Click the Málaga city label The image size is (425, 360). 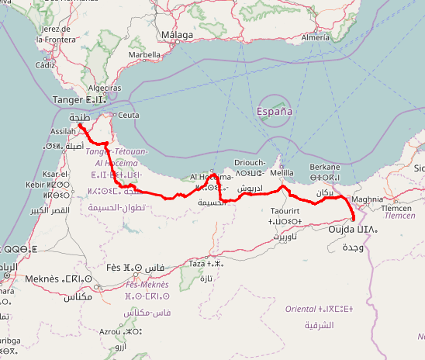click(x=178, y=36)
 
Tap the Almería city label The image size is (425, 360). click(x=315, y=36)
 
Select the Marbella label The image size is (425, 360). click(x=144, y=55)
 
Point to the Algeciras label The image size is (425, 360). click(x=103, y=88)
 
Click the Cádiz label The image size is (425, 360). click(x=46, y=66)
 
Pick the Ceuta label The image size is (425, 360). click(x=128, y=115)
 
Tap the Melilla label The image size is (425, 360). click(x=282, y=172)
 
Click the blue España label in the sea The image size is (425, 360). click(x=275, y=111)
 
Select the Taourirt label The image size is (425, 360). click(x=285, y=211)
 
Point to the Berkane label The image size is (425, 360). click(x=324, y=167)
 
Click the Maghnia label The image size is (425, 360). click(x=367, y=199)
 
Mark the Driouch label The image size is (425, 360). click(x=249, y=163)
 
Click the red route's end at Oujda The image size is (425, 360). click(x=354, y=221)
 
